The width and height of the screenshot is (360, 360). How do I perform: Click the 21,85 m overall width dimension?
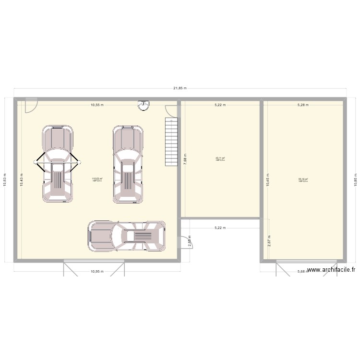click(180, 88)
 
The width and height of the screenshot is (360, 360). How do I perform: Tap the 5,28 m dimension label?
click(303, 105)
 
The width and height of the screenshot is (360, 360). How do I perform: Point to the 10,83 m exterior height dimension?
click(5, 180)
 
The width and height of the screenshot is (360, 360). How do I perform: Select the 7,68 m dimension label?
click(185, 159)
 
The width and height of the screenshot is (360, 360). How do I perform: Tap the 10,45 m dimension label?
click(268, 180)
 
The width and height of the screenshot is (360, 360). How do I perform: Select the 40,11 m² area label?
click(220, 158)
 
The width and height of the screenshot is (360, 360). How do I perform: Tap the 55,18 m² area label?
click(303, 179)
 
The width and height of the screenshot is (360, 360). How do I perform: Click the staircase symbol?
click(171, 142)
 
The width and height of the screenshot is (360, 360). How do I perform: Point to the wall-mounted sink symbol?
click(143, 104)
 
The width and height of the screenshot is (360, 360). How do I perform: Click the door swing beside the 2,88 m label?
click(184, 241)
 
